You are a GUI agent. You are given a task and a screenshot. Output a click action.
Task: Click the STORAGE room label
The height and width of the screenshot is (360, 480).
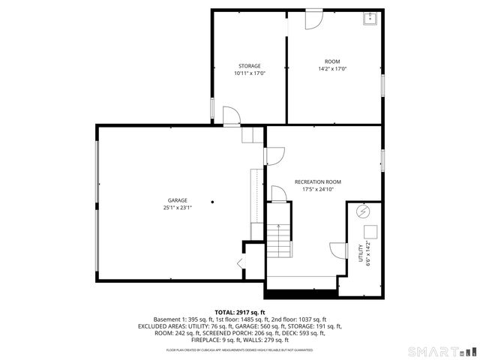pos(249,66)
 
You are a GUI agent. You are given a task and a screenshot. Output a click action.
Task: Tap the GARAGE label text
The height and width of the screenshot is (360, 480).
pos(177,200)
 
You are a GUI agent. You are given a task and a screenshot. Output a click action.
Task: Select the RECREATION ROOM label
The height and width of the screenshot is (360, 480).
pos(317,182)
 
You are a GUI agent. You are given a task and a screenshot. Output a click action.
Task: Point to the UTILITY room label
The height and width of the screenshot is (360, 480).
pos(360,249)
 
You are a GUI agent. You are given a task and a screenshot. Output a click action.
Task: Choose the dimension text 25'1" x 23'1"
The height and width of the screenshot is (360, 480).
pos(177,208)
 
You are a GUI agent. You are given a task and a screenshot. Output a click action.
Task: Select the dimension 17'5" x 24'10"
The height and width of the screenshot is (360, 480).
pos(317,190)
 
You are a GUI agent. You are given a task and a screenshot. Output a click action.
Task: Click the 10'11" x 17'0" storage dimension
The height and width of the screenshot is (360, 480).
pos(249,73)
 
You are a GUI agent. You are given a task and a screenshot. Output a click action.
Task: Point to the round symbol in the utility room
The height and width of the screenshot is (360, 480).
pos(365,210)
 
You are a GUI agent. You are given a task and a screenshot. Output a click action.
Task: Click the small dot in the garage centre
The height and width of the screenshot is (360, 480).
pos(212,201)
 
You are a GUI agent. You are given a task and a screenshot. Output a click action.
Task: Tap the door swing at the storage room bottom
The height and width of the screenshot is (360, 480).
pos(232,114)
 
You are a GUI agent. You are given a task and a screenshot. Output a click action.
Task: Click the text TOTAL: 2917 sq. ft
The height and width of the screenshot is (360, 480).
pos(239,312)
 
